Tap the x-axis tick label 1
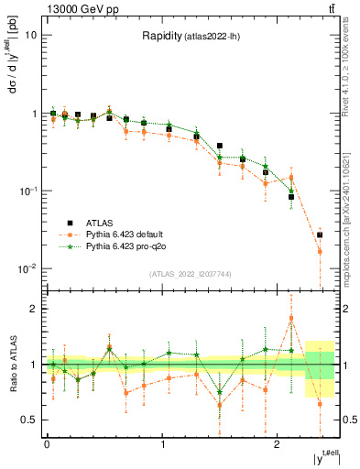pos(162,443)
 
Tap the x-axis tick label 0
pos(47,443)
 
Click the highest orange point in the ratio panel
pos(291,319)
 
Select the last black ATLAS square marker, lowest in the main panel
pos(320,235)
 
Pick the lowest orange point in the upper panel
pos(320,251)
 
